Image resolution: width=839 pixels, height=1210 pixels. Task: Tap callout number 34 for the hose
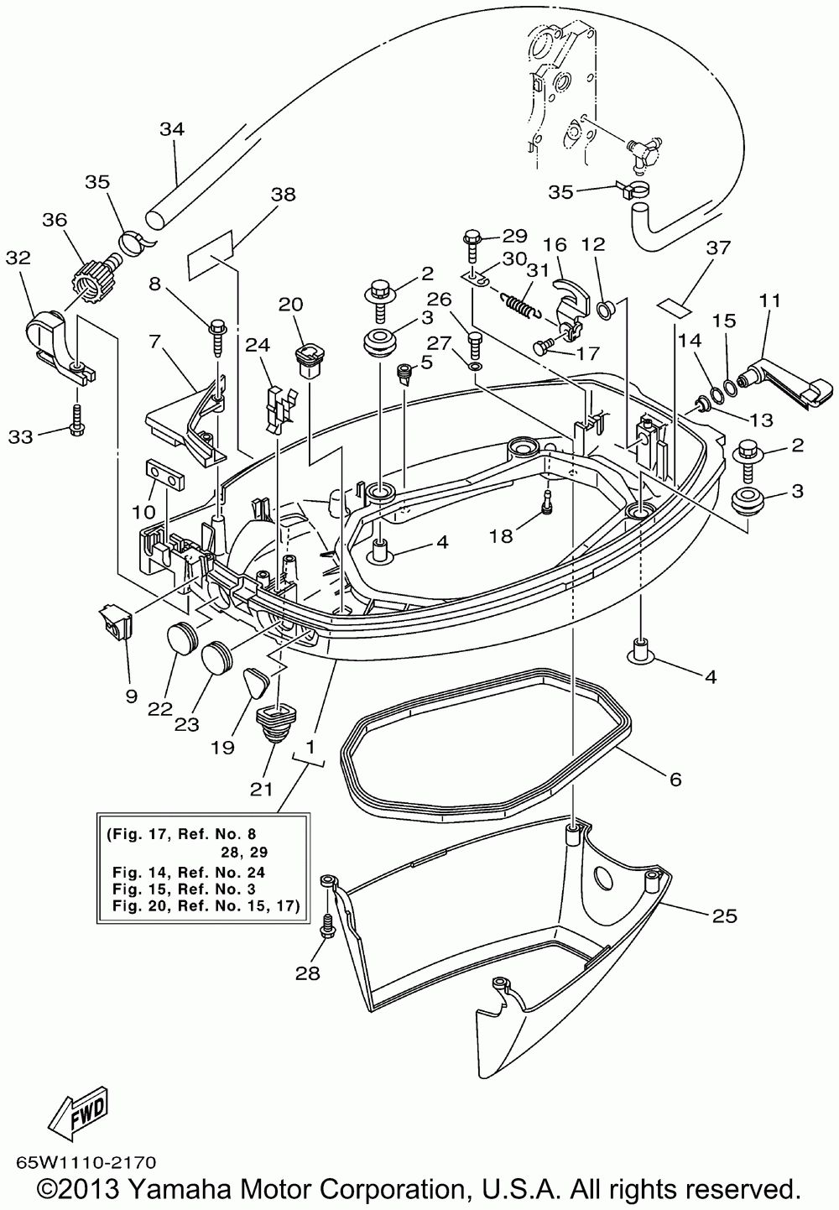click(x=172, y=129)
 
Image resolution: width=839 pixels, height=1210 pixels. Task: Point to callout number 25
click(x=724, y=915)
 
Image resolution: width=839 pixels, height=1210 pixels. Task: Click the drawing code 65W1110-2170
click(x=86, y=1160)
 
